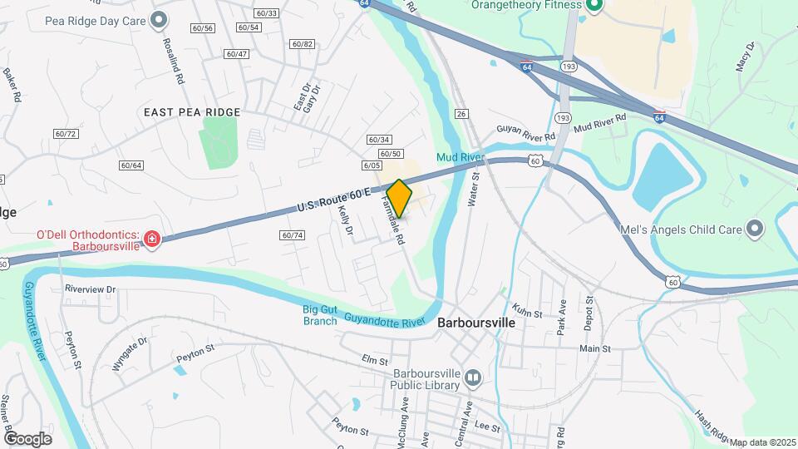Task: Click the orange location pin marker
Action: click(399, 199)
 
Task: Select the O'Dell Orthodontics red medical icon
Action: click(151, 240)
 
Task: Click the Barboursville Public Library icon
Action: click(473, 379)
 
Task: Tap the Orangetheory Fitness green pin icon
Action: click(594, 6)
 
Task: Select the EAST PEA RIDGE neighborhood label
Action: click(192, 112)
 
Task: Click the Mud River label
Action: click(460, 156)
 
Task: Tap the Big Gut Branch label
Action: click(320, 316)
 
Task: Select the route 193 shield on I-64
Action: click(569, 66)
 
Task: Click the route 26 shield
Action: click(462, 114)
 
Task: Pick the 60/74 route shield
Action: click(293, 235)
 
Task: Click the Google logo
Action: click(27, 438)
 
